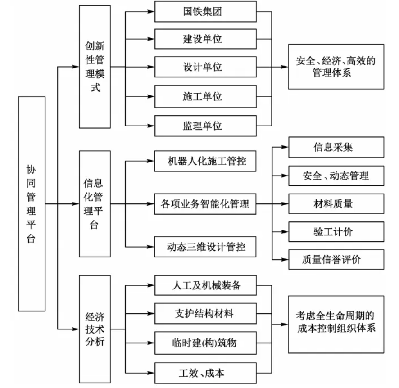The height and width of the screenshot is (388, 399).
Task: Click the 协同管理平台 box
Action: click(x=32, y=203)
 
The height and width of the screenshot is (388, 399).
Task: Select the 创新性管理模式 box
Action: click(x=95, y=67)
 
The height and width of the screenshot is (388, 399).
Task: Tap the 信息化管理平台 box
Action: click(x=95, y=203)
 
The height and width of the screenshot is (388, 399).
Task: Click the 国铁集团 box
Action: click(x=205, y=12)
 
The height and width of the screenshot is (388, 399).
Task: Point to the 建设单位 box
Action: click(x=205, y=39)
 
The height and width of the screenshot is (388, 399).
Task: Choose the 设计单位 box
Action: click(x=205, y=67)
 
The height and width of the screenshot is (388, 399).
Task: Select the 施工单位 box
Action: click(x=205, y=96)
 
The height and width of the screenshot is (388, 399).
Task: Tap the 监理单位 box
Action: click(x=205, y=126)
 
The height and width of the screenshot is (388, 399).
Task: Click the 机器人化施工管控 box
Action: click(x=205, y=161)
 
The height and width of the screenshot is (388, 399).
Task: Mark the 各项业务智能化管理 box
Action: click(x=205, y=204)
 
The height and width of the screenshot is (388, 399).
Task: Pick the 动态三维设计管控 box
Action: click(x=205, y=246)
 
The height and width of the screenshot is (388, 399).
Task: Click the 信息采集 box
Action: click(x=336, y=147)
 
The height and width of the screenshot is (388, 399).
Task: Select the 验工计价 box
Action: click(x=336, y=232)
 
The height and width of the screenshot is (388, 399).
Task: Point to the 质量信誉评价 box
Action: click(x=336, y=259)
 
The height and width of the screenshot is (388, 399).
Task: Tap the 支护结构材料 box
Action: click(x=205, y=313)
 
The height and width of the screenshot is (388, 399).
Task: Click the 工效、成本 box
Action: click(x=205, y=373)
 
